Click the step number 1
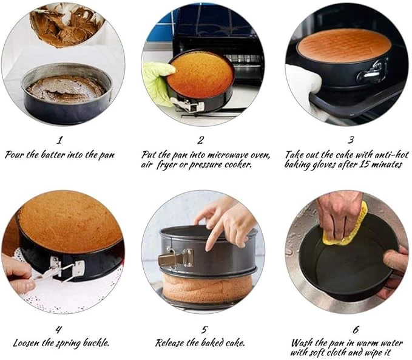tap(60, 140)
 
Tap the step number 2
tap(200, 140)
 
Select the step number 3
tap(351, 140)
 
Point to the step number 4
tap(59, 329)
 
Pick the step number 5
tap(204, 330)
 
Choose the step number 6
tap(356, 330)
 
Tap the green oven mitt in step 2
tap(158, 82)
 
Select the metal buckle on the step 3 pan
tap(372, 71)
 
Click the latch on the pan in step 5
tap(175, 257)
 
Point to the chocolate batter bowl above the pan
tap(66, 25)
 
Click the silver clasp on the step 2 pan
tap(187, 105)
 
